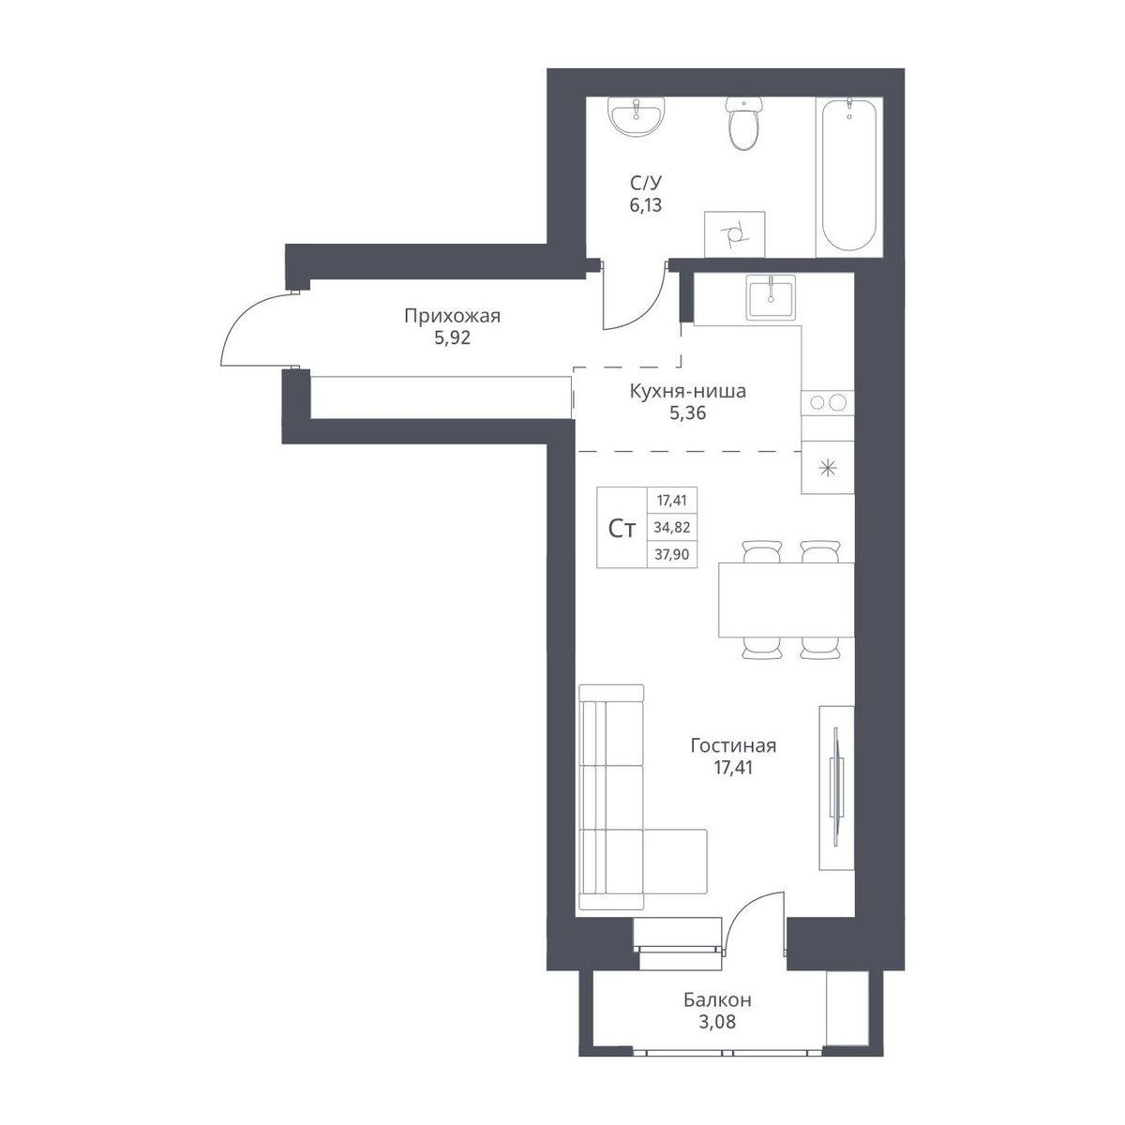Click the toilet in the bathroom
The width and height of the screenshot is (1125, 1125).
click(x=743, y=123)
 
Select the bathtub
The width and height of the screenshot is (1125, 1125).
click(x=848, y=176)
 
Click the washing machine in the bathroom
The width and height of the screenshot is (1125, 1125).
click(x=734, y=234)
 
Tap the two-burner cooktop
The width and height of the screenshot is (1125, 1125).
click(x=828, y=402)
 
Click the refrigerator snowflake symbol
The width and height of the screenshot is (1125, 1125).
click(x=828, y=468)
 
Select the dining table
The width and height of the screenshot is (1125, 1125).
click(x=786, y=600)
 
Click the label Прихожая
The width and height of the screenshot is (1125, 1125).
click(x=453, y=317)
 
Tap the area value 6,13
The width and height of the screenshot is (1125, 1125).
click(x=646, y=205)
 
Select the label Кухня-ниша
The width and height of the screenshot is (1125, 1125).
click(x=688, y=391)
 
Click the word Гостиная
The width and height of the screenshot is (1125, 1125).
click(x=733, y=746)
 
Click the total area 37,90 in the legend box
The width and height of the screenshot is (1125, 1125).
click(x=672, y=554)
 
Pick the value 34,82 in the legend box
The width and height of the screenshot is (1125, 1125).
click(x=672, y=528)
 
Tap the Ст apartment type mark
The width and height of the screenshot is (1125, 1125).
click(x=622, y=529)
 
